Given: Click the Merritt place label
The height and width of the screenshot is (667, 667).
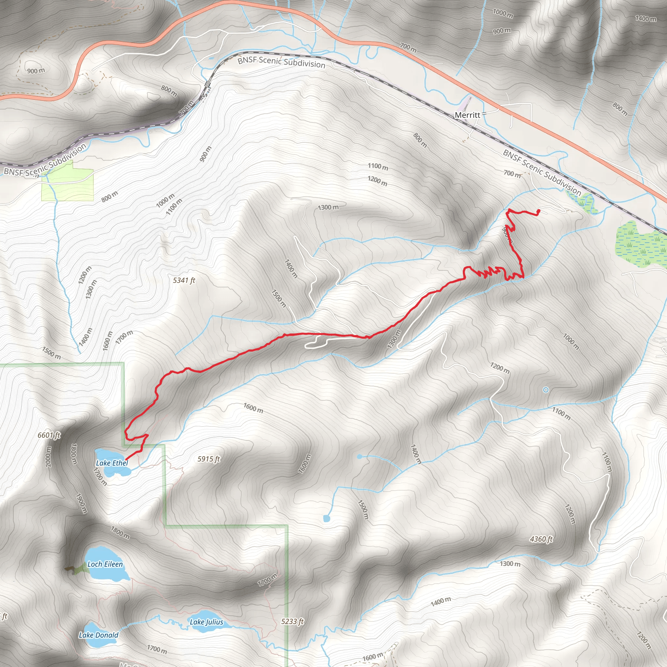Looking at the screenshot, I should pos(467,115).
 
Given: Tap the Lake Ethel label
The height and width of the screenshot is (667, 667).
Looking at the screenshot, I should pos(112,463).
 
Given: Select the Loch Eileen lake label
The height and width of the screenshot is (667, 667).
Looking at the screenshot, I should pos(105,564).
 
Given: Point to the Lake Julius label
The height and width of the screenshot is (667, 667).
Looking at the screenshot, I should pos(206,622).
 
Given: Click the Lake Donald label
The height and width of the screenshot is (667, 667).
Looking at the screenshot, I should pos(98,635).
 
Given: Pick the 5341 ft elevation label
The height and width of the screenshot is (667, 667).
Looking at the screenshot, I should pos(184,280).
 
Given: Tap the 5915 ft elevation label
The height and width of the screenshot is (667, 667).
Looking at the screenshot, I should pos(208,459).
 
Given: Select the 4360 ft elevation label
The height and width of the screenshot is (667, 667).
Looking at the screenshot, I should pos(541,539).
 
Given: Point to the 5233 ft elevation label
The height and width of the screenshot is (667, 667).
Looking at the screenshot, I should pos(292,621).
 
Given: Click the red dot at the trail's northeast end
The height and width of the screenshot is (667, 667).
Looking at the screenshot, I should pos(539,211).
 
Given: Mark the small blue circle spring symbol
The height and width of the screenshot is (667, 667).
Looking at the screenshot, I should pos(546,390).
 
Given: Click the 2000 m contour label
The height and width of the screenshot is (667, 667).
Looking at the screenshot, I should pos(48,457).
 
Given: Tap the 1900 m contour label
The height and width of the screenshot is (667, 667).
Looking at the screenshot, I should pos(80,504).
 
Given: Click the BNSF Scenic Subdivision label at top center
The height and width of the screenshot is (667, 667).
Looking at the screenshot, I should pos(281,62).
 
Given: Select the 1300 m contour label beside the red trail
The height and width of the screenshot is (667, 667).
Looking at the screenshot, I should pos(394,339).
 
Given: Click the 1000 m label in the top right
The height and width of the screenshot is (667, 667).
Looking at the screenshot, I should pos(502,13).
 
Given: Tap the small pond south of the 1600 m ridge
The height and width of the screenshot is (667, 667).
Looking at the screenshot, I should pos(327,518).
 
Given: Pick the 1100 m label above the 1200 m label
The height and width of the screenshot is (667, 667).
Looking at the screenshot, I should pos(378,167).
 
